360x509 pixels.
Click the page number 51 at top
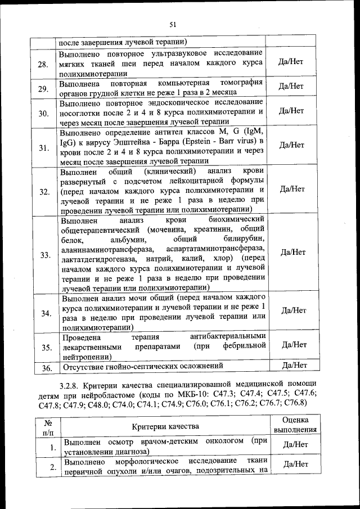pyautogui.click(x=173, y=24)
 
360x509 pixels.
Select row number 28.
pyautogui.click(x=43, y=64)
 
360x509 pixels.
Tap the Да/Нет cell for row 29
pyautogui.click(x=291, y=86)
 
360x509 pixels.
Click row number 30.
pyautogui.click(x=43, y=114)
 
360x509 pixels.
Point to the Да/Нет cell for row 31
pyautogui.click(x=291, y=145)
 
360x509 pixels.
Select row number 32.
pyautogui.click(x=43, y=191)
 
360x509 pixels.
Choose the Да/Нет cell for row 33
pyautogui.click(x=291, y=252)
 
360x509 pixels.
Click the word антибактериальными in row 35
pyautogui.click(x=227, y=337)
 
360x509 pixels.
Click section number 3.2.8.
pyautogui.click(x=70, y=386)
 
